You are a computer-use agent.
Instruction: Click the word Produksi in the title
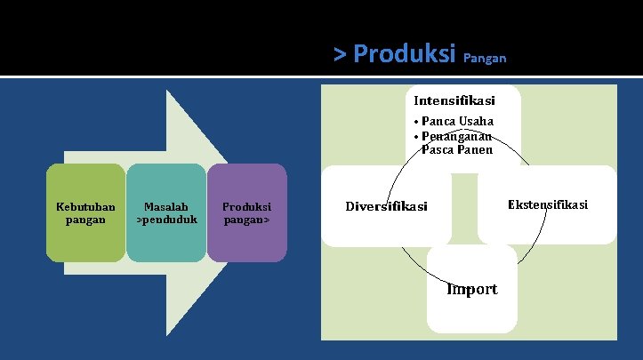coord(405,54)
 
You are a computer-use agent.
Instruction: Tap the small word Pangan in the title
coord(485,59)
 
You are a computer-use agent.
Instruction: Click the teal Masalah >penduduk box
coord(166,212)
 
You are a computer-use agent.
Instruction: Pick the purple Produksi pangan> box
coord(247,212)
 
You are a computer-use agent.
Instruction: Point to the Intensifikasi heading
coord(454,100)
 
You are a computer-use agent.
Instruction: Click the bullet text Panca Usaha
coord(458,121)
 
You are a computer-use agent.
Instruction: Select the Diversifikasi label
coord(386,206)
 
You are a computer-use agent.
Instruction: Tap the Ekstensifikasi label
coord(547,204)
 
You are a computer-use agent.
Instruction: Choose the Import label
coord(472,289)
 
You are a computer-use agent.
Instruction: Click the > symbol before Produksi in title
coord(340,54)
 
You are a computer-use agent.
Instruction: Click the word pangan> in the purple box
coord(247,219)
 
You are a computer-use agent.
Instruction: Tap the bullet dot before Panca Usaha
coord(416,122)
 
